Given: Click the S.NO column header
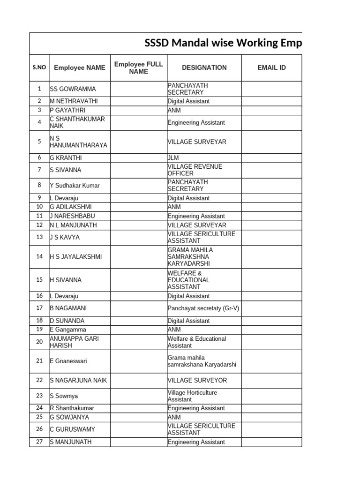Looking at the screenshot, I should coord(39,67).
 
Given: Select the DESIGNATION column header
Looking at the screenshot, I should coord(204,67).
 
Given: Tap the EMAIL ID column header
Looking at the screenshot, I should coord(271,67).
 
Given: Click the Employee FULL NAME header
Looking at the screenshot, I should coord(138,67).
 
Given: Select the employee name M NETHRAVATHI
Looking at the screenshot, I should coord(74,101).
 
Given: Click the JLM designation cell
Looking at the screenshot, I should coord(173,158).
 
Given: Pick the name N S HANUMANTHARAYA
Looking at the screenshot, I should coord(78,142).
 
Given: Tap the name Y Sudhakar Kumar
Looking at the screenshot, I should coord(75,186).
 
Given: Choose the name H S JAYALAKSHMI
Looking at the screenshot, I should coord(75,257).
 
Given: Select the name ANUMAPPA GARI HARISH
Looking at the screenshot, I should coord(74,342).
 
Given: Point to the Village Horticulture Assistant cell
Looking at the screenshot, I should coord(192,396).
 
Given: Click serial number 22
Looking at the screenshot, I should coord(39,380).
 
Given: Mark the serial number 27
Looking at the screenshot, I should coord(39,442).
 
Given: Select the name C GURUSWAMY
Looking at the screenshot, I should coord(72,429).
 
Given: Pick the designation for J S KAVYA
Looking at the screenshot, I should coord(201,237).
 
